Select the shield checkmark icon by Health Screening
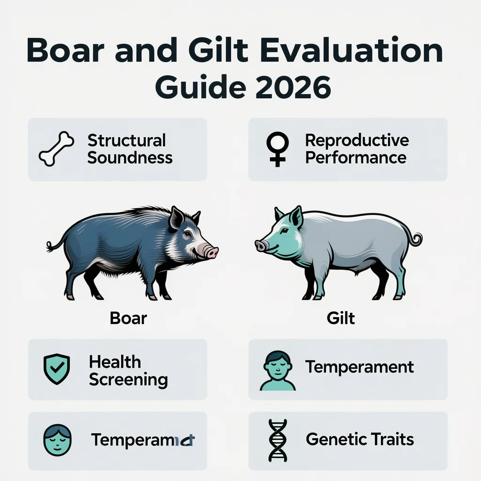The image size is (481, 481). [56, 369]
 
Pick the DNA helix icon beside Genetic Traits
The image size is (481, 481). [278, 440]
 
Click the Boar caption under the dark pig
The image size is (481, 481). [128, 318]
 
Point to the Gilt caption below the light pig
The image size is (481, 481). [341, 318]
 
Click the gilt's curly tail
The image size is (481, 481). [415, 239]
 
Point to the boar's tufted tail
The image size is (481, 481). [50, 246]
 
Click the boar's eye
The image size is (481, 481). [187, 233]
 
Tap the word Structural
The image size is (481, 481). [127, 140]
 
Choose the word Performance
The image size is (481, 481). [356, 157]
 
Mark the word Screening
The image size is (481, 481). [128, 379]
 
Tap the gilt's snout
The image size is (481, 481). [261, 245]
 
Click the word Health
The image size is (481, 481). [115, 362]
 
